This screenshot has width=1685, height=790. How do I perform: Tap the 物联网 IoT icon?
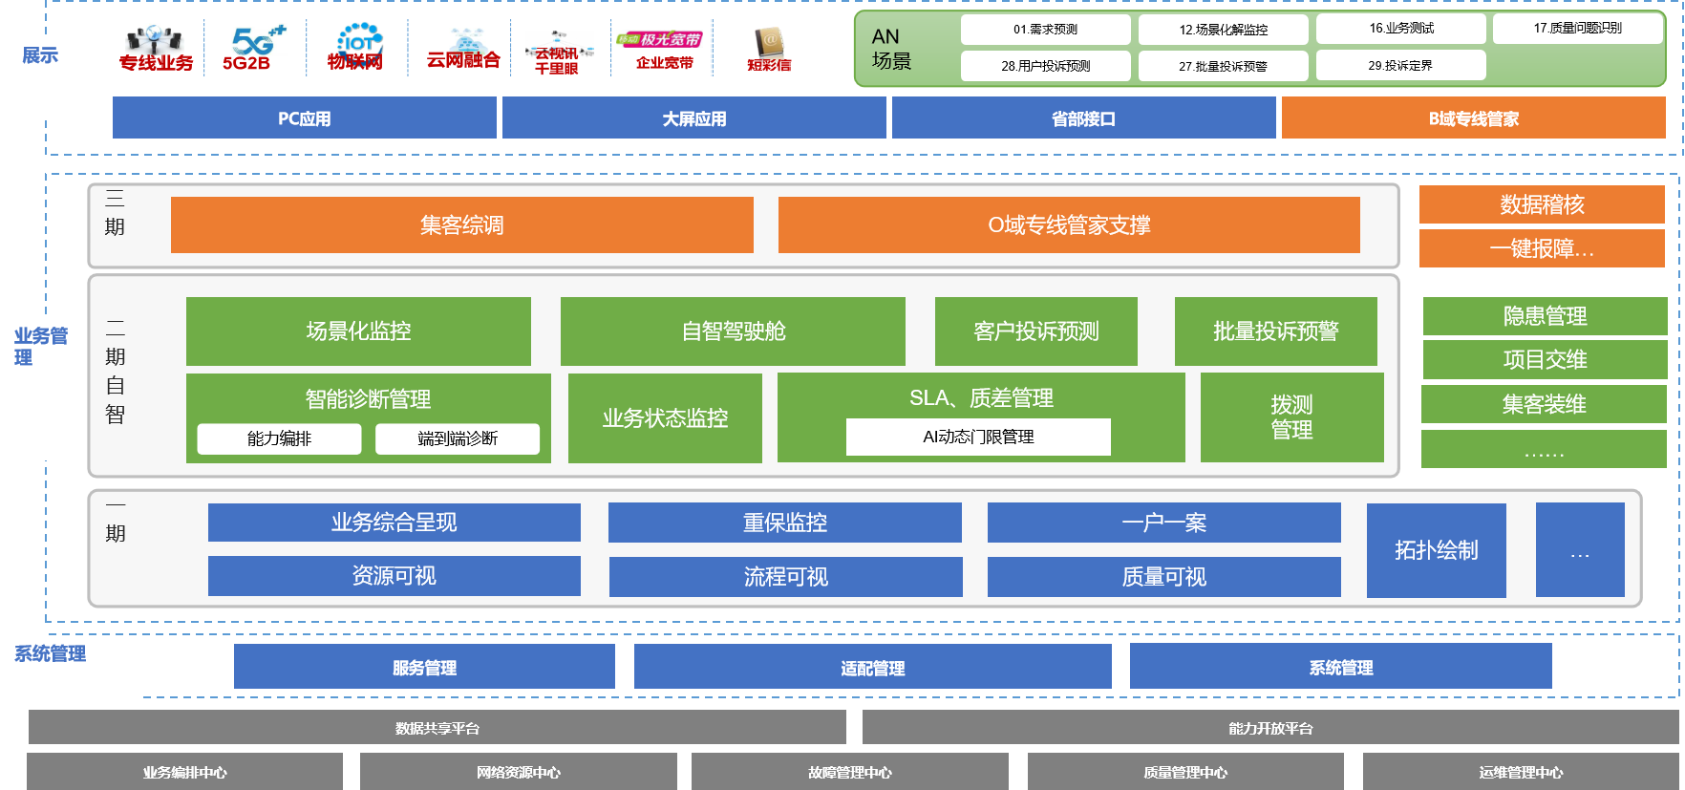[x=356, y=48]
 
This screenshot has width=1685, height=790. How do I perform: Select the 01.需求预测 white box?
[x=1045, y=30]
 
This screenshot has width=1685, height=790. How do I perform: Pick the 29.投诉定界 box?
[x=1400, y=66]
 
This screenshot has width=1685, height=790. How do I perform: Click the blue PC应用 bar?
[x=304, y=118]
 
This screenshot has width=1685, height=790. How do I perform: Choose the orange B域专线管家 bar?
[x=1473, y=118]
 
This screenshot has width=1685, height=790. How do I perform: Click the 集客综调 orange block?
[x=461, y=225]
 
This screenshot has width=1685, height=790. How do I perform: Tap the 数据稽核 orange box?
[x=1542, y=204]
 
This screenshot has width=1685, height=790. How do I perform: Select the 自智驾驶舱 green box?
[x=733, y=331]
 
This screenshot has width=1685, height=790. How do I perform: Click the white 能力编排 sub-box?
[x=279, y=438]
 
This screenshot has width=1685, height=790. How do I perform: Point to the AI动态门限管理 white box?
[x=978, y=437]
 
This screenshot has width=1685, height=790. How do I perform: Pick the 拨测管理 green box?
[x=1291, y=417]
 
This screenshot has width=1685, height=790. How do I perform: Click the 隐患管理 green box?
[x=1545, y=316]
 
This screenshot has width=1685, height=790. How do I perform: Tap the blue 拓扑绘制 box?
[x=1436, y=550]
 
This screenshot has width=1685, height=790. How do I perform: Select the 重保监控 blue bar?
[x=784, y=523]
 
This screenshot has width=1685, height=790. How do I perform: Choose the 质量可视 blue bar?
[x=1163, y=577]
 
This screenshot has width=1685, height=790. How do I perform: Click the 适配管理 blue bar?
[x=872, y=667]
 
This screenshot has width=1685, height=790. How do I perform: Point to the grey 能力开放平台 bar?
[x=1269, y=728]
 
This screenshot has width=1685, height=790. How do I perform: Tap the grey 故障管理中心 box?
[x=849, y=772]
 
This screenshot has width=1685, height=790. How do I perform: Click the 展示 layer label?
[x=41, y=56]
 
